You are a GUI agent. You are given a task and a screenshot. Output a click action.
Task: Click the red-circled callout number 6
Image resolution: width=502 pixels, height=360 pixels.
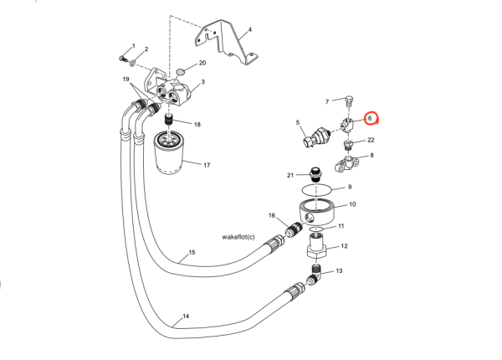tap(370, 118)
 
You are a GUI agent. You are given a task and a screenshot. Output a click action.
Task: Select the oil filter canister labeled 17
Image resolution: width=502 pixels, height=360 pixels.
tap(168, 153)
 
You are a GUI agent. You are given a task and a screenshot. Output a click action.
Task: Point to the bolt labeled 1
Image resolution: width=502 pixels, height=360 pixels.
tap(123, 59)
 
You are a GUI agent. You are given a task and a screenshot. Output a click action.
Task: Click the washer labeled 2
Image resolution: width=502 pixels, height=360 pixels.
tap(132, 64)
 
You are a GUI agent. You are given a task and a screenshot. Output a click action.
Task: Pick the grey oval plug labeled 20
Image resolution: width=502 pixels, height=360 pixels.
tap(182, 71)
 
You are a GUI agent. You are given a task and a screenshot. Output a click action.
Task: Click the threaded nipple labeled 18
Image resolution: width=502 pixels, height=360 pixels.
tap(169, 120)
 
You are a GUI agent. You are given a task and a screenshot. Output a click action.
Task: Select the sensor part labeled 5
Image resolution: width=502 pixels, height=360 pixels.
tap(316, 136)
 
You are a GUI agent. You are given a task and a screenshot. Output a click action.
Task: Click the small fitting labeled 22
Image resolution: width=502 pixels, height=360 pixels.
tap(348, 145)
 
